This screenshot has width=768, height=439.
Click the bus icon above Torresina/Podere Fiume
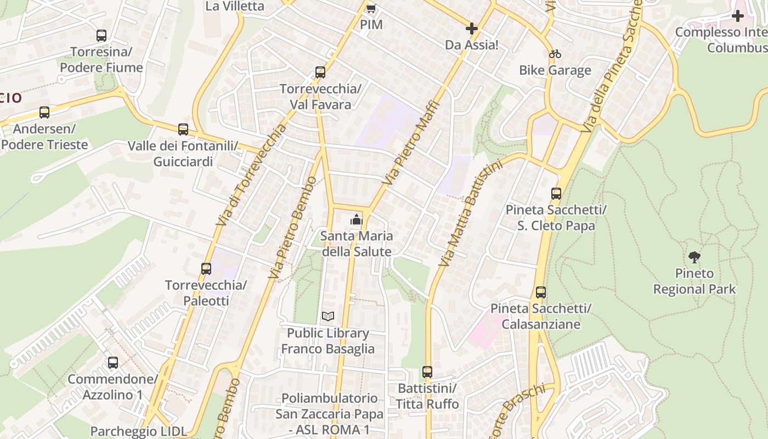coord(101,36)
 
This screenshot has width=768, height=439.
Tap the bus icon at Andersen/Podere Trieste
coord(44,112)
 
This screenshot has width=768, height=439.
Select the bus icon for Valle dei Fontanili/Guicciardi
coord(183,130)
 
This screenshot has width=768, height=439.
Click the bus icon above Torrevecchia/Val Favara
coord(320,72)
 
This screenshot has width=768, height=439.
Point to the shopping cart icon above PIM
coord(371,8)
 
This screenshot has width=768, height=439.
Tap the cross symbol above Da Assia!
coord(471,29)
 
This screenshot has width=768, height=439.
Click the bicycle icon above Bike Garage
coord(555,54)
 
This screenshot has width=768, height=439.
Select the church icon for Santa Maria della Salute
coord(357,220)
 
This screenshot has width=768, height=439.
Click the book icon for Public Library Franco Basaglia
coord(328,317)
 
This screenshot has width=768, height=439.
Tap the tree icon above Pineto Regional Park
coord(694,257)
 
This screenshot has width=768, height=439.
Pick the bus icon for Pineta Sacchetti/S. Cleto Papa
coord(556,194)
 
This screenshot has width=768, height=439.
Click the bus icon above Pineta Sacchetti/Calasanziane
coord(541,292)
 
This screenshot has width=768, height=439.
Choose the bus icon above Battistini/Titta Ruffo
coord(427,372)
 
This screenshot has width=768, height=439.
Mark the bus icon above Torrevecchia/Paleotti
coord(206,269)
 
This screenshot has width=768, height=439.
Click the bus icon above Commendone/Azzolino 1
coord(113,363)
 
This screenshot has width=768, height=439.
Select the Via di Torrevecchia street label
coord(252,175)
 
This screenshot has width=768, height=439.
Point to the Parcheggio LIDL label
coord(139,431)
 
